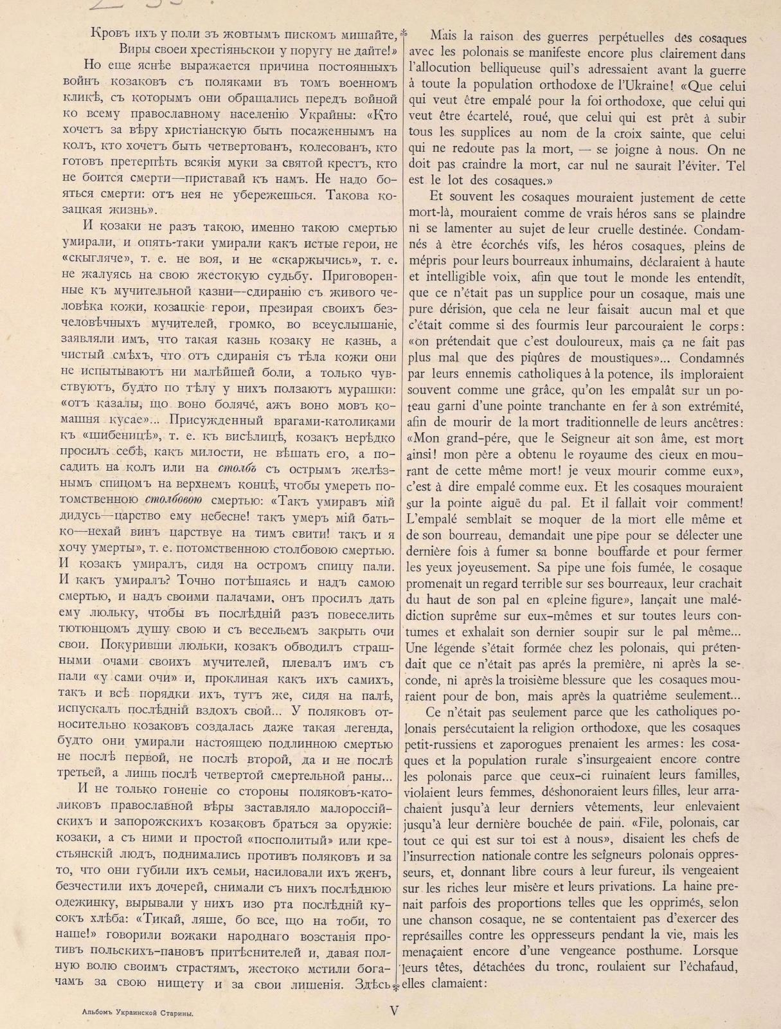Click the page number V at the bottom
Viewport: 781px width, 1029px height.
(395, 1010)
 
